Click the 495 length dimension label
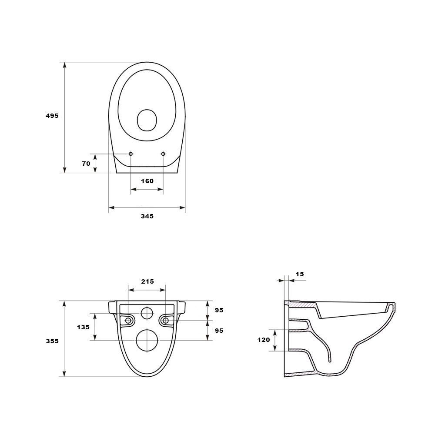coord(52,116)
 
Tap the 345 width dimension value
coord(147,216)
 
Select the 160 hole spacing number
coord(147,181)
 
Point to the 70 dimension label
coord(86,164)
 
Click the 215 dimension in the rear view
coord(147,281)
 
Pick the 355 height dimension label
coord(53,341)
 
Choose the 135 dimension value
coord(83,327)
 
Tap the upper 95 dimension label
coord(219,310)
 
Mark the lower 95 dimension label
coord(219,331)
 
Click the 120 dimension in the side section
coord(264,340)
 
